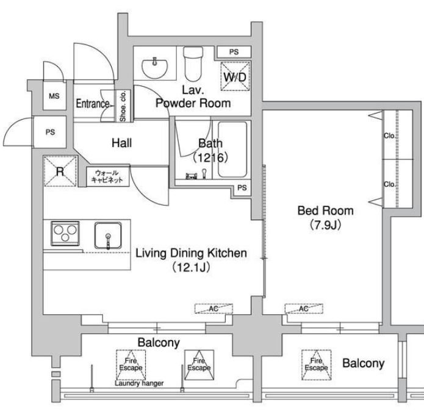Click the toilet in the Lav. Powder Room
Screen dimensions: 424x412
[193, 64]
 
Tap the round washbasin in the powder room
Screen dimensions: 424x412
[155, 68]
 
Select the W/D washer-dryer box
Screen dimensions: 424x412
[235, 76]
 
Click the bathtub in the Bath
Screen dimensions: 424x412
[232, 150]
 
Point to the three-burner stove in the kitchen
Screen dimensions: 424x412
[65, 233]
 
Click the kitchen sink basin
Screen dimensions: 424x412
[108, 236]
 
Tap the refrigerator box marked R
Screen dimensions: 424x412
[60, 171]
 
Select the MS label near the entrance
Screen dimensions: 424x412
[54, 96]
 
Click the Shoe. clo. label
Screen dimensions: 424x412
[123, 106]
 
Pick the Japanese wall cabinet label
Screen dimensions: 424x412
[107, 176]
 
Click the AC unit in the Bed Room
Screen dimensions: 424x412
[304, 309]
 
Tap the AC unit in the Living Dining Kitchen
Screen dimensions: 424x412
[214, 309]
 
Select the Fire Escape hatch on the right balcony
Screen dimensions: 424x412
[317, 365]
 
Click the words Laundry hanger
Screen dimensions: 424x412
[139, 383]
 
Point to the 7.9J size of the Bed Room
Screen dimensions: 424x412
[325, 225]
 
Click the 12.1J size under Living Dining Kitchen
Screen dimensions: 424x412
[191, 267]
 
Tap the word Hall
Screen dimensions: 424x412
[121, 143]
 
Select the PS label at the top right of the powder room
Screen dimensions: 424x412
[234, 52]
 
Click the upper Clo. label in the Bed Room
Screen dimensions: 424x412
[389, 136]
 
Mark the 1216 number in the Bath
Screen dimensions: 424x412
[210, 157]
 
